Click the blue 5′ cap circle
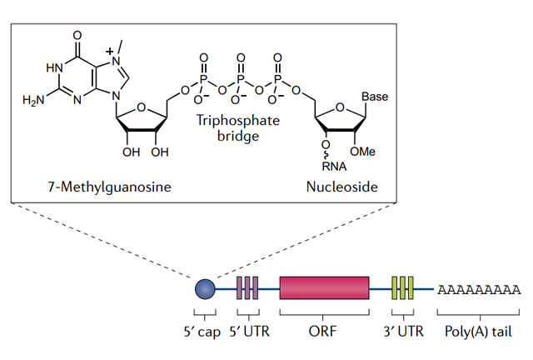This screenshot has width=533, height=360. (205, 289)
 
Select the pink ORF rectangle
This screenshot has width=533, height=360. (324, 288)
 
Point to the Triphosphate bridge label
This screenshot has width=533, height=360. (237, 127)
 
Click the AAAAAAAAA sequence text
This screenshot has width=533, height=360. (479, 289)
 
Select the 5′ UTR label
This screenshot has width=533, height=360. (247, 330)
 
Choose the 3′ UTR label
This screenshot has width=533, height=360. (402, 330)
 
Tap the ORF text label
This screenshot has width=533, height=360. (324, 330)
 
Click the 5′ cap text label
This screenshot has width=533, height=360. (200, 330)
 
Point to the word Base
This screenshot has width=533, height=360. (375, 97)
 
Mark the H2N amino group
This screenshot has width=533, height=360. (34, 100)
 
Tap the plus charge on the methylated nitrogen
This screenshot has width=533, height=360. (110, 52)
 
